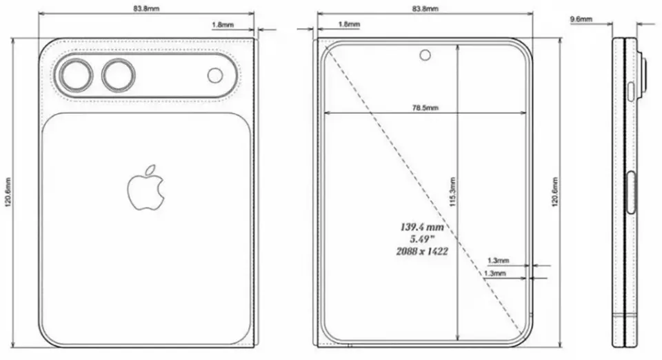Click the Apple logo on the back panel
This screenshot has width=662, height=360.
point(146,187)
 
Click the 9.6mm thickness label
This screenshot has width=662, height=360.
point(581,20)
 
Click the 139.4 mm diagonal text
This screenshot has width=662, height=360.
point(423,226)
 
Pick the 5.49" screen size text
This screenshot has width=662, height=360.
point(423,239)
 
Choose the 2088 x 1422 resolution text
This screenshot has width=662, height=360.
point(423,252)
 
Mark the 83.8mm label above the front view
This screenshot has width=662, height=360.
point(424,9)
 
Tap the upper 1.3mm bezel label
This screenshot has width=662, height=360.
point(497,261)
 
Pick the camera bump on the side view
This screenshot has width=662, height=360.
point(644,76)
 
